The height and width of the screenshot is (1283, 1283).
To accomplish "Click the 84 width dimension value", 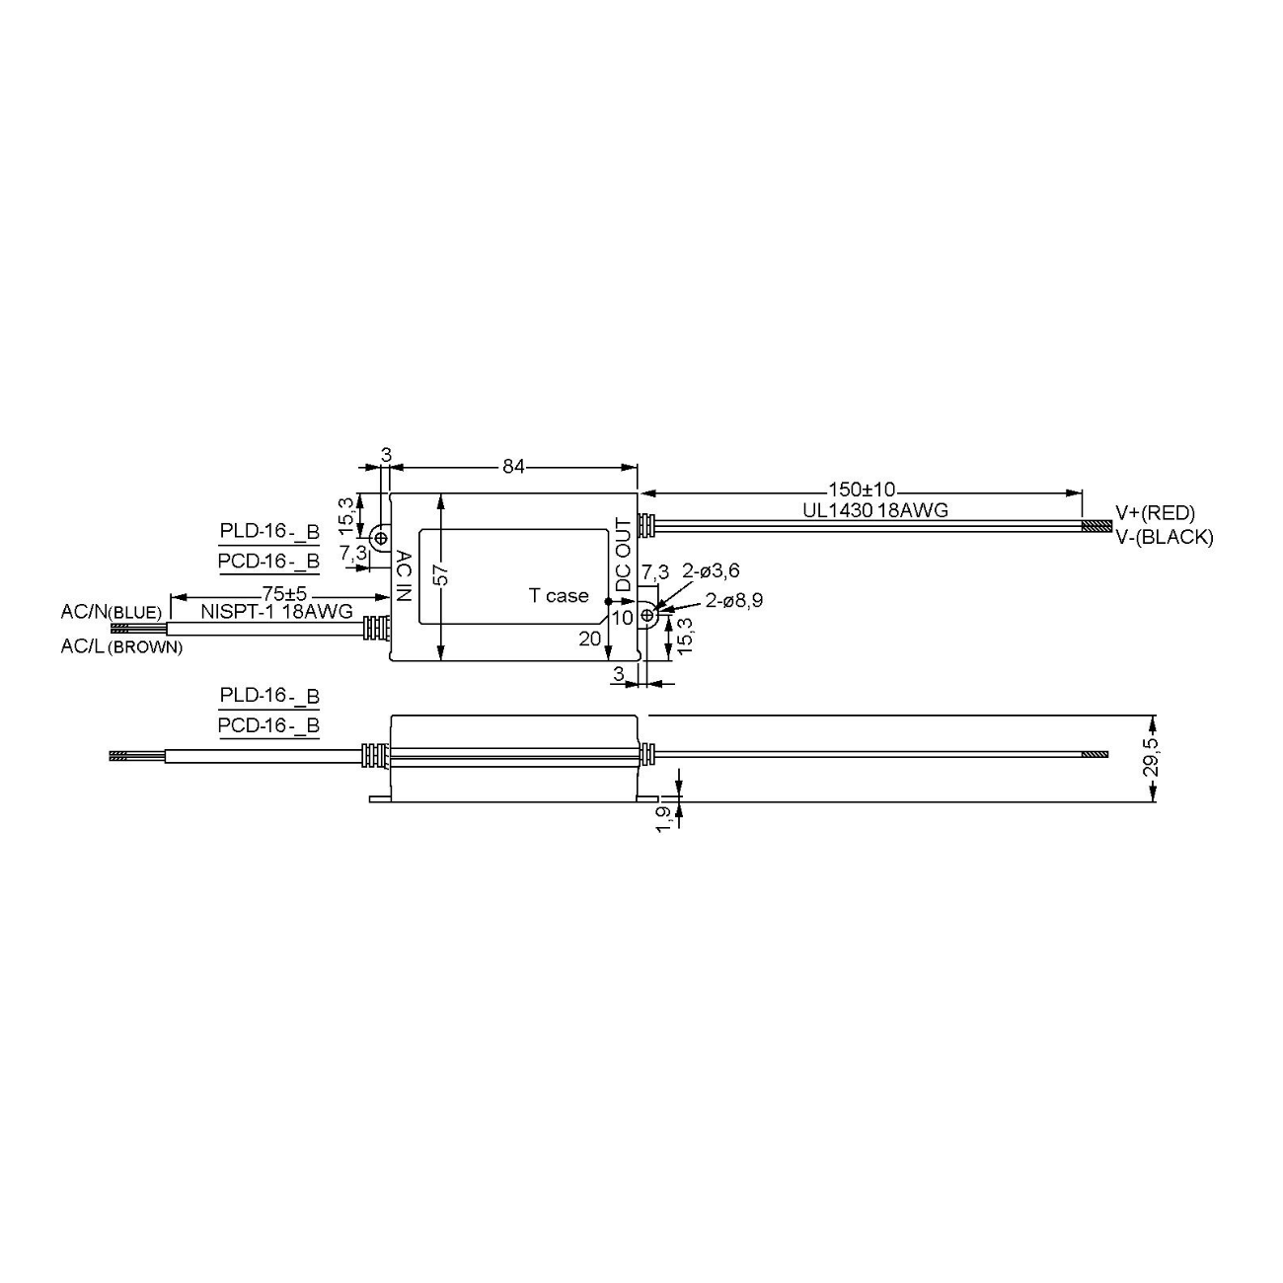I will pyautogui.click(x=513, y=467).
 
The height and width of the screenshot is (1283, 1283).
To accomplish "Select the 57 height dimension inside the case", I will pyautogui.click(x=442, y=574).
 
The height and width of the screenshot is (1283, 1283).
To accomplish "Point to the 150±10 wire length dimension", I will pyautogui.click(x=861, y=490).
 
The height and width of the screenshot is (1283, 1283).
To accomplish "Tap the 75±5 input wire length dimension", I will pyautogui.click(x=284, y=594).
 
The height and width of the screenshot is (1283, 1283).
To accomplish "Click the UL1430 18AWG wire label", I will pyautogui.click(x=874, y=510).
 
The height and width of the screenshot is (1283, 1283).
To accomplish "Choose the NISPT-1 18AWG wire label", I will pyautogui.click(x=277, y=612).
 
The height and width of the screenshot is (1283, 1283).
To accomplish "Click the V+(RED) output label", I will pyautogui.click(x=1155, y=512).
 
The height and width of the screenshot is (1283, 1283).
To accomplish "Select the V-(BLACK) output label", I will pyautogui.click(x=1164, y=537).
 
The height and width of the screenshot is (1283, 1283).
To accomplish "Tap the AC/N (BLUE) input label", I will pyautogui.click(x=111, y=612).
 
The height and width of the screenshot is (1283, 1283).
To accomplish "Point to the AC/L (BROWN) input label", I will pyautogui.click(x=120, y=647).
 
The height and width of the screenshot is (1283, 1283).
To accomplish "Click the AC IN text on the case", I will pyautogui.click(x=404, y=576).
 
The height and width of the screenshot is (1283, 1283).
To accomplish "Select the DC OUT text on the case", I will pyautogui.click(x=624, y=555).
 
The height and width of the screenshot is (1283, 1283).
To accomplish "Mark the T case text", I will pyautogui.click(x=559, y=595).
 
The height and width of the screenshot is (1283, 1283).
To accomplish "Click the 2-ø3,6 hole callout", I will pyautogui.click(x=711, y=570).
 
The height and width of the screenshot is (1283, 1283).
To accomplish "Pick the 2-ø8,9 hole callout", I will pyautogui.click(x=733, y=600).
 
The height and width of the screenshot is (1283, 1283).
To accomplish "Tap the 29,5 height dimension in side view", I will pyautogui.click(x=1151, y=757).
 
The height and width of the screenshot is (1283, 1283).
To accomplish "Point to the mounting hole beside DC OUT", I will pyautogui.click(x=648, y=616).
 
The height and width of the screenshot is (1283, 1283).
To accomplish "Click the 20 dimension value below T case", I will pyautogui.click(x=589, y=639).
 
